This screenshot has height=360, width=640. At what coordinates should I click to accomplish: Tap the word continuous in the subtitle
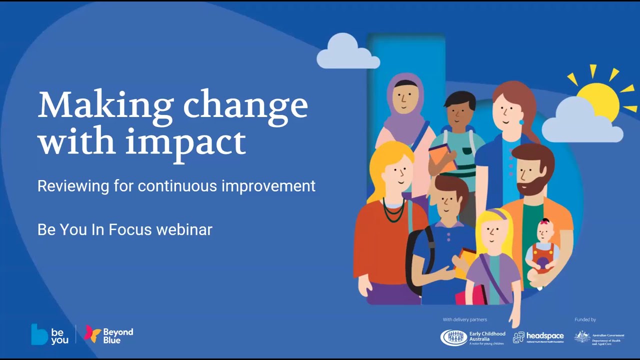click(x=178, y=186)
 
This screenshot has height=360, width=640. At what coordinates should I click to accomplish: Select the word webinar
click(x=184, y=229)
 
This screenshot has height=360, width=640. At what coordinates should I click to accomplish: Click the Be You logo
click(x=49, y=334)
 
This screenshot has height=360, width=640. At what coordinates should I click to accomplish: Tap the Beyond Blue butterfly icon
click(x=92, y=333)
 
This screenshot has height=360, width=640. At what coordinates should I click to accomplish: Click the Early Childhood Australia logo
click(x=472, y=337)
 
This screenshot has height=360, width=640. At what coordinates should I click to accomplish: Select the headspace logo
click(x=538, y=337)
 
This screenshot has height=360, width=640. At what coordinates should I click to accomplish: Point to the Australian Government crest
click(x=582, y=336)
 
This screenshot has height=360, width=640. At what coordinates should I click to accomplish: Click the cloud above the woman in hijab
click(x=347, y=53)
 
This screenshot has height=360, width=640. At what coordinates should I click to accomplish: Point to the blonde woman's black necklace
click(x=393, y=210)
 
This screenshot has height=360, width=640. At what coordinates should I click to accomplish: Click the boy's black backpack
click(x=416, y=260)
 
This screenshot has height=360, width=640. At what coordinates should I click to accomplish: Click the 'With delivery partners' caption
click(x=464, y=319)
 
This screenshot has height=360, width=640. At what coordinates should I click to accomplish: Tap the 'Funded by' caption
click(x=585, y=319)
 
